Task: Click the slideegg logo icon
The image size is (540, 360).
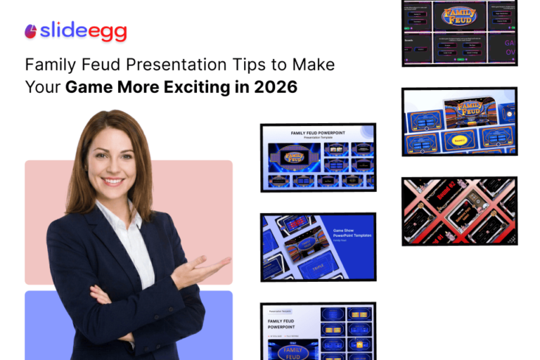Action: pos(30,31)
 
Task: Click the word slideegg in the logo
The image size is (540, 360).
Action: pos(84,31)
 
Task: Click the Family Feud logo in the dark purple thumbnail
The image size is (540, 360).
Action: pos(458,15)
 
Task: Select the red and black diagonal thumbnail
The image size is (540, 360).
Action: pos(459,210)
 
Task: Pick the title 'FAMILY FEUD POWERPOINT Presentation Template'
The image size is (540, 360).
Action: pos(317,134)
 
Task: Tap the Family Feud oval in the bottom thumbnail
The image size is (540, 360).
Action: pos(292,352)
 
